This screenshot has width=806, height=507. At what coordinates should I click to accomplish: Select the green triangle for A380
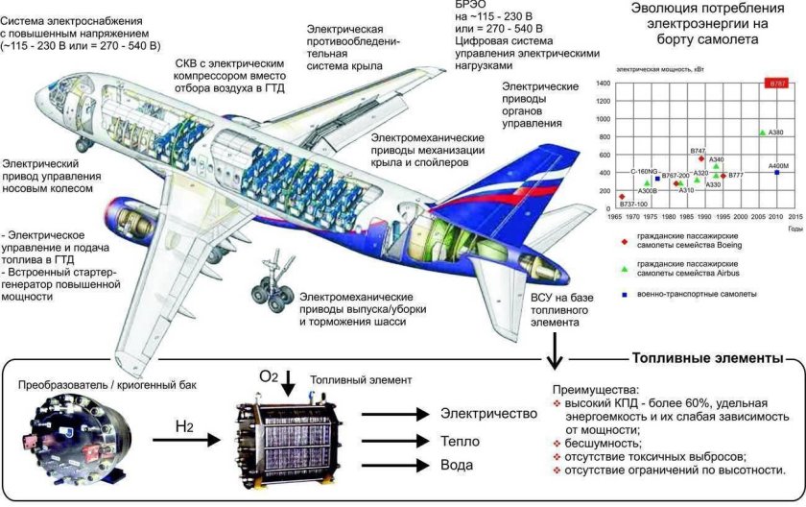(x=763, y=133)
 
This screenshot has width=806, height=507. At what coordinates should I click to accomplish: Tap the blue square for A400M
(x=776, y=172)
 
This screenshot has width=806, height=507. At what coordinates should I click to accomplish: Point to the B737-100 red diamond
(x=622, y=196)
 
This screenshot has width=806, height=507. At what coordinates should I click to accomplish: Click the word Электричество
(x=487, y=414)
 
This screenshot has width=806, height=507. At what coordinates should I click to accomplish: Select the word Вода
(x=459, y=466)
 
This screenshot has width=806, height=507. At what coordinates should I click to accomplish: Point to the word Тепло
(x=462, y=440)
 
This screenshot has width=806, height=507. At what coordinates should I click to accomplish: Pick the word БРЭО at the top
(x=470, y=5)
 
